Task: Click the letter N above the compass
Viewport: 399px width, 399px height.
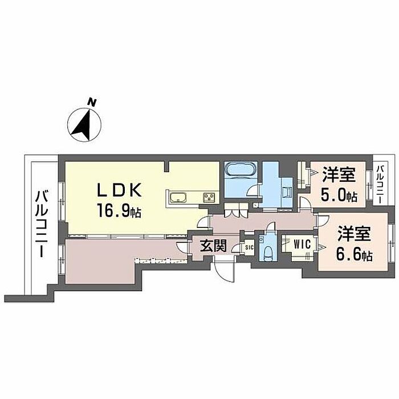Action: (92, 102)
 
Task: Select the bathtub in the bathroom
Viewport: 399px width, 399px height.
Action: (239, 169)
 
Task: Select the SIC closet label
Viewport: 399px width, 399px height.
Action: (250, 247)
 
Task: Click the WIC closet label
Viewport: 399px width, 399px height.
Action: (302, 245)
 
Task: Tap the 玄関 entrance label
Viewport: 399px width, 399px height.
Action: (213, 246)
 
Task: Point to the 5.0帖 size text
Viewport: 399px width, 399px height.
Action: (339, 196)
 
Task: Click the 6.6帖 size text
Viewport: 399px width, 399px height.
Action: (355, 255)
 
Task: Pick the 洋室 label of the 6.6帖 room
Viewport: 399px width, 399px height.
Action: (354, 234)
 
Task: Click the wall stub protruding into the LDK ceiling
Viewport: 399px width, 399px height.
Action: (166, 166)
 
